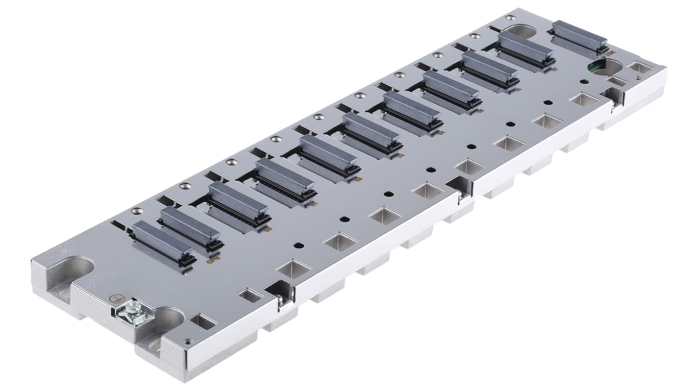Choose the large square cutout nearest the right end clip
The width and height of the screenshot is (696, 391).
[584, 99]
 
